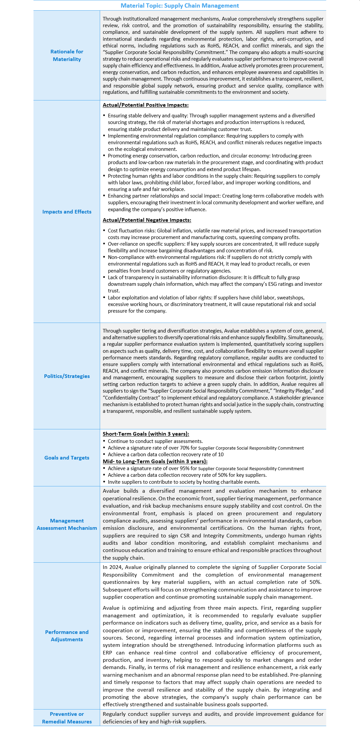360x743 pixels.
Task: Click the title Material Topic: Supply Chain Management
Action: click(180, 6)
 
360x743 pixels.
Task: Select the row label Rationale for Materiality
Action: click(67, 55)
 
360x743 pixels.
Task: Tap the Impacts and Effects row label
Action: click(67, 212)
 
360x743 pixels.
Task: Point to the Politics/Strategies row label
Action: click(67, 376)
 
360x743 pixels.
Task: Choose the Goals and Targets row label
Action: click(67, 458)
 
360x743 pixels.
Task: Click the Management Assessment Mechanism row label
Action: click(67, 524)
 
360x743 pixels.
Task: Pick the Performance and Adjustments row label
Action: click(67, 636)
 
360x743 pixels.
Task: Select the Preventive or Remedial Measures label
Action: click(67, 717)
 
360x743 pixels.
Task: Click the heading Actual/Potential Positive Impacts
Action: click(146, 105)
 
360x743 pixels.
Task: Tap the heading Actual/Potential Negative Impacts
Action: click(147, 220)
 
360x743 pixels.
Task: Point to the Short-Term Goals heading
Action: click(146, 434)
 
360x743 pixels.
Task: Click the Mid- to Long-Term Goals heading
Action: click(155, 461)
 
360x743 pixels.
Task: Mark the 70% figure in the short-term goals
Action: click(185, 448)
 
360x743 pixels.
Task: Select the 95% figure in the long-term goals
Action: click(185, 468)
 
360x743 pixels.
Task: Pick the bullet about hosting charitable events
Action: click(184, 482)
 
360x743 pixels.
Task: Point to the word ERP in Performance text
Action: click(107, 652)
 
